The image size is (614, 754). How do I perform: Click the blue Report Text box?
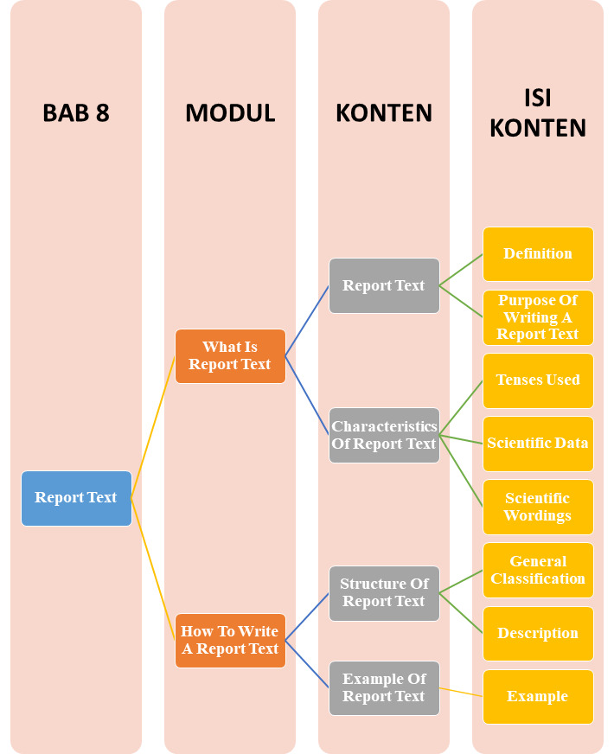click(x=76, y=498)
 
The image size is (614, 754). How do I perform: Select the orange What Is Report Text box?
click(x=230, y=356)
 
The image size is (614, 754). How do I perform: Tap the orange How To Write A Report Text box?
click(x=230, y=641)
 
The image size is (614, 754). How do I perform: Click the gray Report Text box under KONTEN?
click(x=384, y=285)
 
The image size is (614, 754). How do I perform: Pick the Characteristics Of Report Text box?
click(x=384, y=435)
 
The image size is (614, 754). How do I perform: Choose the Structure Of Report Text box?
click(x=384, y=593)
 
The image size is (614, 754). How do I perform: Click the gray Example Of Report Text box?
click(x=384, y=688)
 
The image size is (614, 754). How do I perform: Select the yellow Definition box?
click(x=538, y=254)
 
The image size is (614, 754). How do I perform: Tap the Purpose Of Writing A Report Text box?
click(x=538, y=317)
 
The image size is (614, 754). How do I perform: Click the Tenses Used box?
click(x=538, y=380)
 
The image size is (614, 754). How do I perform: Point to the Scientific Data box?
click(x=538, y=444)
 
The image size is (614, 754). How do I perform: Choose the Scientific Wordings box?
click(x=538, y=507)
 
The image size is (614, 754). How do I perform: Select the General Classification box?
click(x=538, y=570)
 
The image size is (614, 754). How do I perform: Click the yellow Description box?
click(x=538, y=633)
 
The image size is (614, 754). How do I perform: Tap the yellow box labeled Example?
click(x=538, y=696)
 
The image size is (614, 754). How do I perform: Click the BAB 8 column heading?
click(x=76, y=113)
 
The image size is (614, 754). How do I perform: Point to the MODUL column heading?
click(x=230, y=113)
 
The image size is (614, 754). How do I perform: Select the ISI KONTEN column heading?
click(x=538, y=113)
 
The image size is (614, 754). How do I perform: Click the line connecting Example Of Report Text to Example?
click(x=461, y=692)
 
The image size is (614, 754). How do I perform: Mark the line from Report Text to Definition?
click(x=461, y=270)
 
